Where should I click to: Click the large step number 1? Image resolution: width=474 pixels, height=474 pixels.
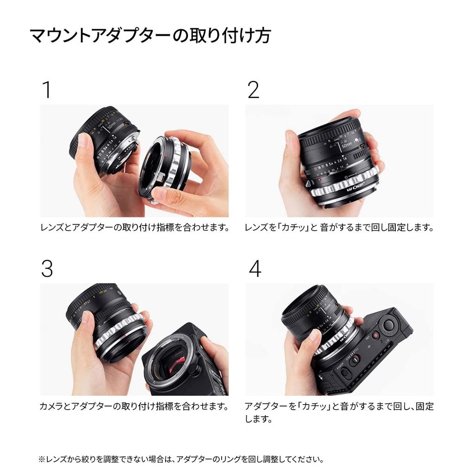(46, 90)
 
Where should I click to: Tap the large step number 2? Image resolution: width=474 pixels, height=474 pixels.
(253, 90)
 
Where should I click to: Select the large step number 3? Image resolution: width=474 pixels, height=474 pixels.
(47, 268)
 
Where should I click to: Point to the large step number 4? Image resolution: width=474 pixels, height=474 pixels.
(255, 268)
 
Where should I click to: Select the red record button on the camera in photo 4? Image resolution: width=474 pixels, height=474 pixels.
(376, 335)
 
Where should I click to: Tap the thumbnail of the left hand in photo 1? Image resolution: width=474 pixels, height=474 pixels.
(84, 140)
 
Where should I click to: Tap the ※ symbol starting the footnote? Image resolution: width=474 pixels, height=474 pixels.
(42, 460)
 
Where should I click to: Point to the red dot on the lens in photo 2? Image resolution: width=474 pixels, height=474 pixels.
(320, 172)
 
